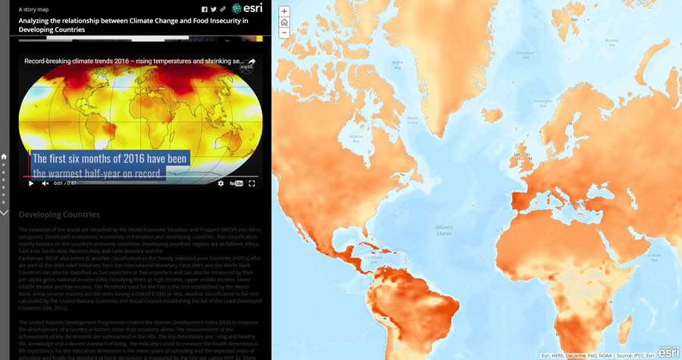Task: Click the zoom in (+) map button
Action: click(284, 11)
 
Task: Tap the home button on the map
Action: click(284, 22)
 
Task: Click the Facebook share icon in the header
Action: click(205, 9)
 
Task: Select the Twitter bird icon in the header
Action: click(214, 9)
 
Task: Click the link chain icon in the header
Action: click(223, 9)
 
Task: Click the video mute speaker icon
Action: click(45, 183)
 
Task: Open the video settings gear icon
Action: click(221, 183)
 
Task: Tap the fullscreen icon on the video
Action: click(252, 183)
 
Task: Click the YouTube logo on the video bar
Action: click(236, 183)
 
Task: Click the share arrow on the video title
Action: click(252, 61)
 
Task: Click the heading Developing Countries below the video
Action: click(59, 214)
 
